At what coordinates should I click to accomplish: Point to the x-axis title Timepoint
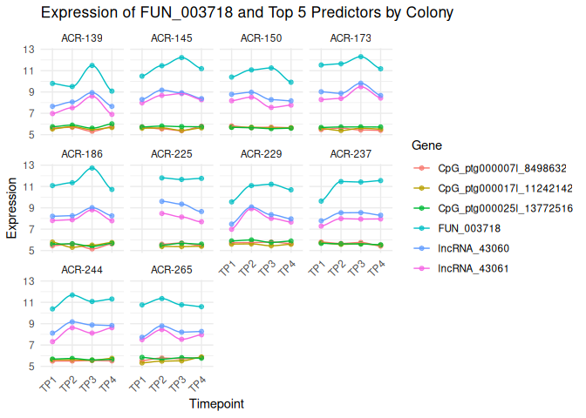click(x=216, y=404)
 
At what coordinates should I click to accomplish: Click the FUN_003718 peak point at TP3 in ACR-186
click(x=92, y=167)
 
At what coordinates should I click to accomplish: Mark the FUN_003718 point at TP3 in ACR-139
click(x=92, y=65)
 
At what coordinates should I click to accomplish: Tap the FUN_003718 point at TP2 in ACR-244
click(x=72, y=294)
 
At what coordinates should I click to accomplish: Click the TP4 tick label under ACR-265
click(x=199, y=384)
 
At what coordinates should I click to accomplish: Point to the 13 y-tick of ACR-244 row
click(x=31, y=281)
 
